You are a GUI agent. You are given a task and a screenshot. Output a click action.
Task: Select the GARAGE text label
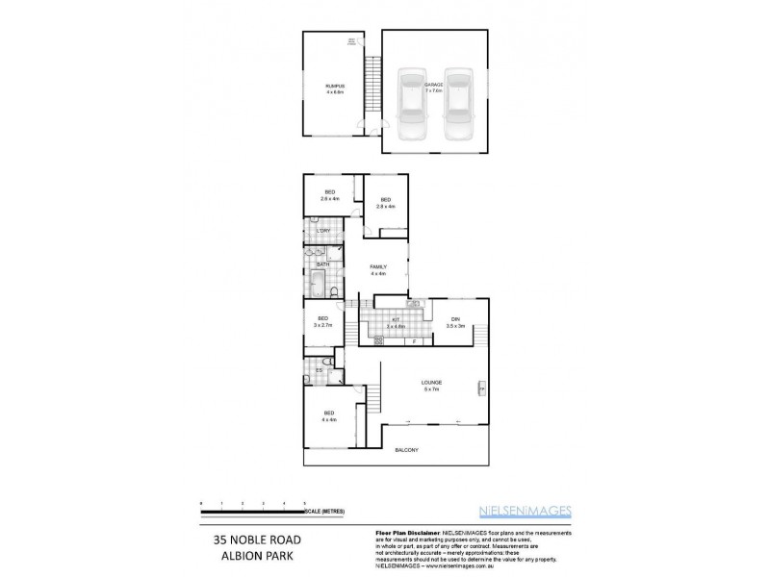point(435,86)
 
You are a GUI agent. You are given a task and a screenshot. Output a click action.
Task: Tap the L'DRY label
point(323,232)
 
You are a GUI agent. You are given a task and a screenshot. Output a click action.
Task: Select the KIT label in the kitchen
point(396,322)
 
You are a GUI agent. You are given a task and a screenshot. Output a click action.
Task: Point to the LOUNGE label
point(430,385)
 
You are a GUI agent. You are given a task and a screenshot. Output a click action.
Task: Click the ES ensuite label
point(320,369)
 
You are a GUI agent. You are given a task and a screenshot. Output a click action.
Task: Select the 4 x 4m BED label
point(329,416)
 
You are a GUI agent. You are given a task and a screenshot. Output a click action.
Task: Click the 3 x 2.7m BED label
point(322,321)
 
